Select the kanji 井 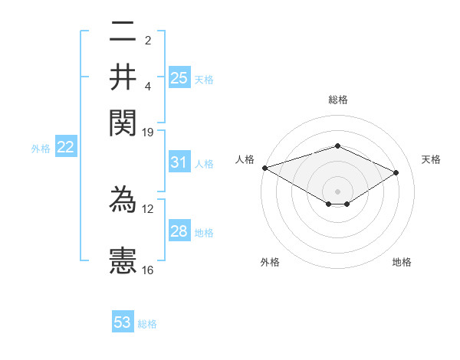pos(123,77)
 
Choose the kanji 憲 pos(123,259)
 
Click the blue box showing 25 pos(179,77)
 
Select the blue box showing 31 pos(179,162)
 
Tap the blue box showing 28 pos(179,231)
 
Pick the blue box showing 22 pos(65,148)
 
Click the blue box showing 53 pos(123,322)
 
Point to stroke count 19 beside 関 pos(148,133)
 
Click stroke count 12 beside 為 pos(148,208)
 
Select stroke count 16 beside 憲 pos(148,270)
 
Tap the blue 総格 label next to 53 pos(147,324)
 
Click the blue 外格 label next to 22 pos(41,149)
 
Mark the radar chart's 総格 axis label pos(337,100)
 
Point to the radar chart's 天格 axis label pos(431,159)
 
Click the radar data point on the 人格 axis pos(264,168)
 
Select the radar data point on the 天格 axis pos(396,173)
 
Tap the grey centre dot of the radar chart pos(337,190)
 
